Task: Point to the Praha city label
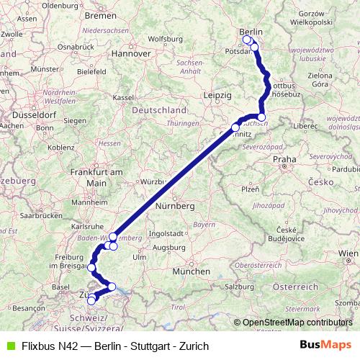click(x=284, y=159)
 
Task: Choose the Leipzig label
click(x=217, y=95)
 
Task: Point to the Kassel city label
click(x=124, y=97)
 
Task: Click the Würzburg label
click(x=154, y=181)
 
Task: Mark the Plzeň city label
click(x=250, y=189)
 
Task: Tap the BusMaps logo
click(x=326, y=346)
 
